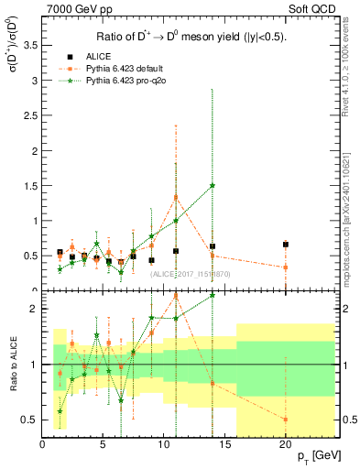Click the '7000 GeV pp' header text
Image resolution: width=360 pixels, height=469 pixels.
tap(75, 8)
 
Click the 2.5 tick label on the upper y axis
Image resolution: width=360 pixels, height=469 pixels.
tap(32, 115)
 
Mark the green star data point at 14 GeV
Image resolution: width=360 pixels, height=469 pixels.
tap(213, 185)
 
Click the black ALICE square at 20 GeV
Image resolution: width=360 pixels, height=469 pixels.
tap(286, 245)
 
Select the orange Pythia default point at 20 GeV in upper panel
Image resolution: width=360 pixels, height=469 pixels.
tap(286, 267)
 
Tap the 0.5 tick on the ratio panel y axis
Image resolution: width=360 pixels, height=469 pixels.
tap(32, 420)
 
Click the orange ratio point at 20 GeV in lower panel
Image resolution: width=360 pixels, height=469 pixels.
tap(286, 419)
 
